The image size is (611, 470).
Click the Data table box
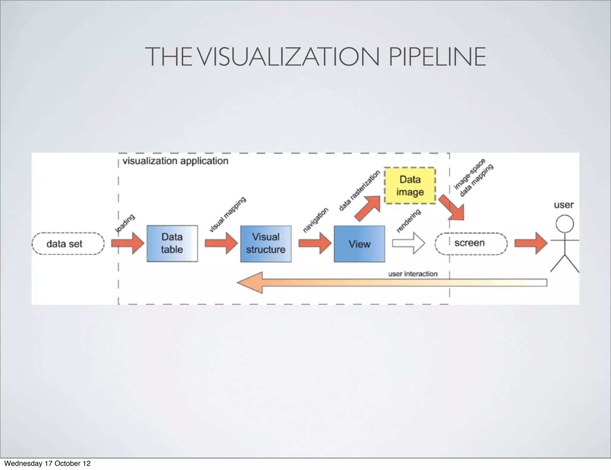pyautogui.click(x=172, y=243)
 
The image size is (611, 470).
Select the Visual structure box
pyautogui.click(x=266, y=244)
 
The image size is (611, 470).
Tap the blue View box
pyautogui.click(x=359, y=244)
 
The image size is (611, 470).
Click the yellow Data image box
pyautogui.click(x=410, y=185)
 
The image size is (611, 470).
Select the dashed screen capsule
pyautogui.click(x=471, y=243)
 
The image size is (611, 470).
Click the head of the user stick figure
pyautogui.click(x=564, y=224)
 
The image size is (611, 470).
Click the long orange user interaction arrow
pyautogui.click(x=388, y=282)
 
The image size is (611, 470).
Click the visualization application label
pyautogui.click(x=175, y=161)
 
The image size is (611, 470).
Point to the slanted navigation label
pyautogui.click(x=315, y=220)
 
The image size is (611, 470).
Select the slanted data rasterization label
pyautogui.click(x=359, y=191)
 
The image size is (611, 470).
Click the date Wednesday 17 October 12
pyautogui.click(x=47, y=463)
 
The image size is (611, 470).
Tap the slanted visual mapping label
pyautogui.click(x=227, y=214)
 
